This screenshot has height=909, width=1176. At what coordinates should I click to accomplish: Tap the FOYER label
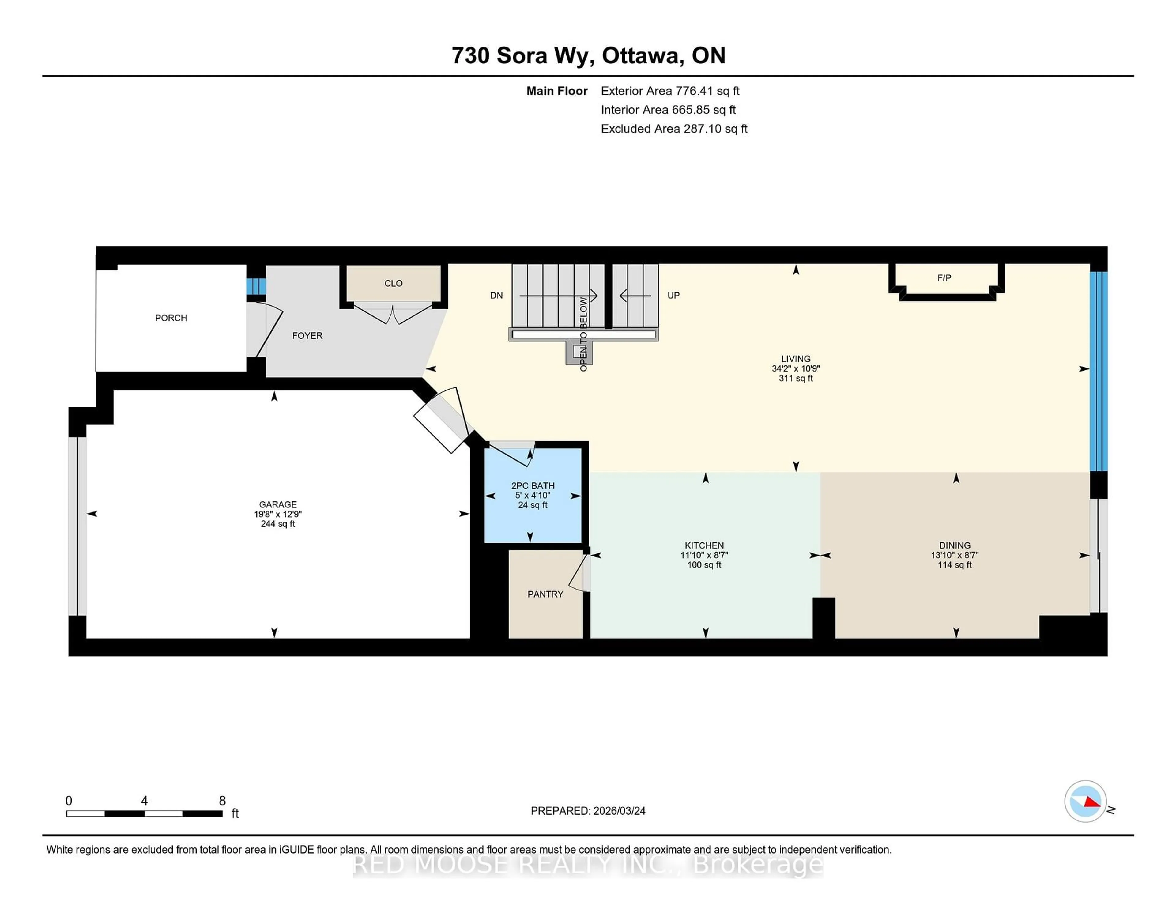tap(307, 335)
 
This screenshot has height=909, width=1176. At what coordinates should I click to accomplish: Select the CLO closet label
tap(393, 283)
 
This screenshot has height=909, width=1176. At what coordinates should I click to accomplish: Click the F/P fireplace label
tap(944, 278)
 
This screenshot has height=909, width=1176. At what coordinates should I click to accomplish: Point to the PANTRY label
tap(545, 594)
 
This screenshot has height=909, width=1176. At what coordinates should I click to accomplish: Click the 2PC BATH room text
tap(533, 486)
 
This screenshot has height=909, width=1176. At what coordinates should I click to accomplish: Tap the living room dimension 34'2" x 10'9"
tap(795, 369)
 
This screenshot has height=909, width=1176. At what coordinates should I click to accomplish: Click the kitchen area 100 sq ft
tap(704, 565)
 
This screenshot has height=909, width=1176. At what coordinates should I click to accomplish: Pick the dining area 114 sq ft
tap(954, 565)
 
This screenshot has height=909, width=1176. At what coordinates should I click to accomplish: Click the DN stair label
tap(496, 295)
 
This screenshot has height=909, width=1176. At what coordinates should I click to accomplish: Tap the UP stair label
tap(673, 295)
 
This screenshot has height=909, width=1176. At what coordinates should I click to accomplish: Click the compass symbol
tap(1085, 801)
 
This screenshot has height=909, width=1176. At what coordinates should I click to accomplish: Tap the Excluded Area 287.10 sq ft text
tap(674, 129)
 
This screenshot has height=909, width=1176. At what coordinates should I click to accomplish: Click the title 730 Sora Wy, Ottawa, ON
tap(588, 55)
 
